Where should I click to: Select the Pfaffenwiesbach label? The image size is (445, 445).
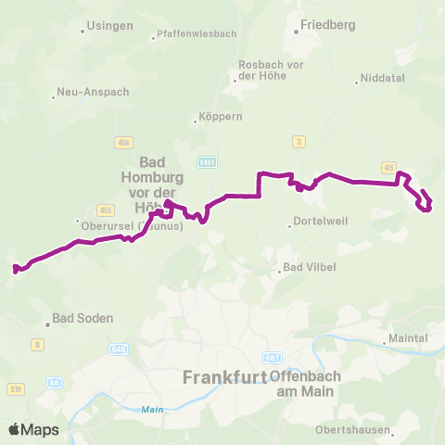(x=197, y=33)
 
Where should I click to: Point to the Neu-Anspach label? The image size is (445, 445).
(x=93, y=92)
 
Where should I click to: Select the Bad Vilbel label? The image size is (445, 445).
(x=309, y=268)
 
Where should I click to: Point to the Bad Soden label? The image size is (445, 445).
(x=83, y=318)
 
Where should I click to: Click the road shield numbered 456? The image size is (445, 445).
(x=124, y=142)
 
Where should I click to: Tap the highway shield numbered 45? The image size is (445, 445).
(x=388, y=167)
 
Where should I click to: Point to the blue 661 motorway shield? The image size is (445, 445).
(x=272, y=357)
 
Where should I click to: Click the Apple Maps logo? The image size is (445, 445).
(x=33, y=429)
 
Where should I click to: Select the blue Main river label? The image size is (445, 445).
(x=151, y=409)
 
